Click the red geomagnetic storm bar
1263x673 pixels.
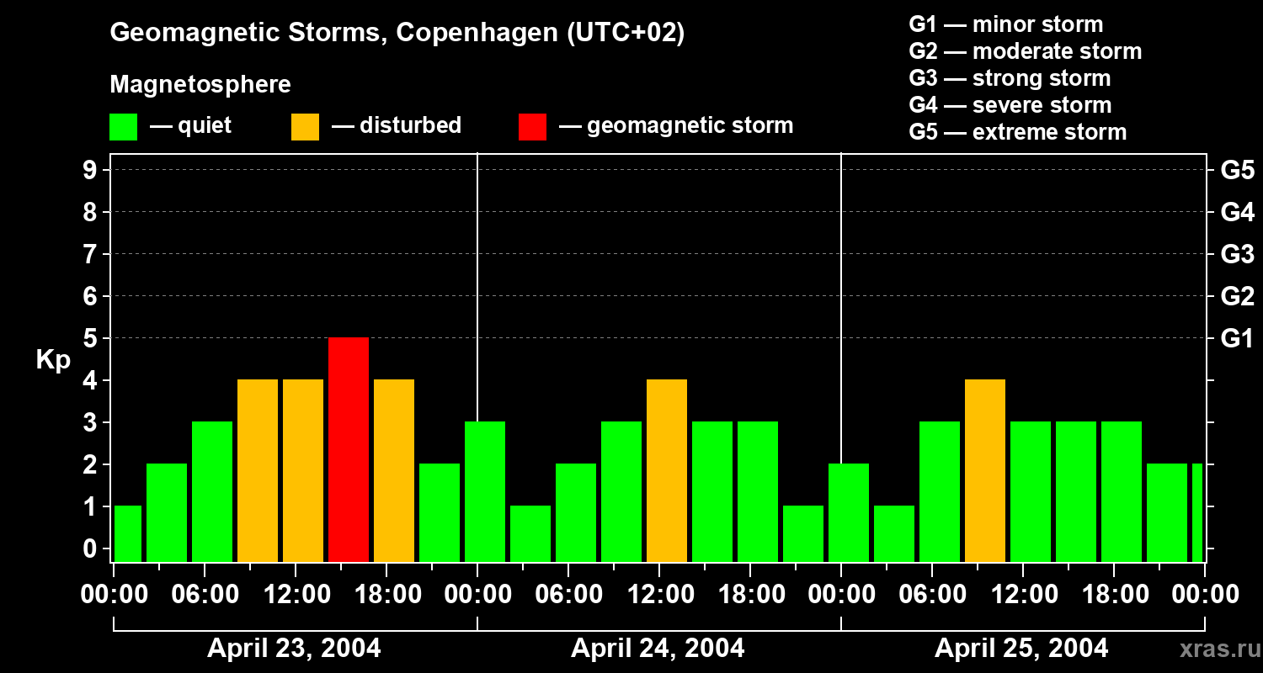[349, 449]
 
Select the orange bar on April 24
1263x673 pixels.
[667, 470]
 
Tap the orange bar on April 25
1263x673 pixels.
[985, 470]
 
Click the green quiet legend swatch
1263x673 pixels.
[123, 126]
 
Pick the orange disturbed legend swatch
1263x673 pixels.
[305, 126]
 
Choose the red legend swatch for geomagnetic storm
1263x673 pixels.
[532, 126]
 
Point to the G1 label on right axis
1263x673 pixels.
[1237, 339]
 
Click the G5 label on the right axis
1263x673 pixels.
[1237, 171]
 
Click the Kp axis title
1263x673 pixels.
[53, 360]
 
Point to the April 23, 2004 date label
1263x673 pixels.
[294, 648]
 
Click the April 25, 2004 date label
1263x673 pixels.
[1021, 648]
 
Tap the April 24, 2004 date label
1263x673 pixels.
[658, 648]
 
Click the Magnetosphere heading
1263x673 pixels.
[200, 85]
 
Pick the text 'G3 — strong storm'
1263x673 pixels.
[1010, 78]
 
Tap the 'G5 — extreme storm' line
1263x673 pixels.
[1017, 132]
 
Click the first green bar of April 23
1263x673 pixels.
[128, 533]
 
